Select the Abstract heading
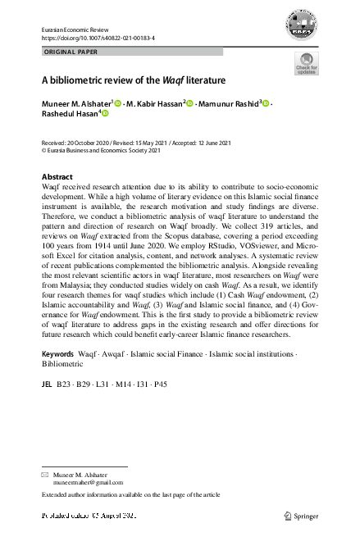(57, 177)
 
